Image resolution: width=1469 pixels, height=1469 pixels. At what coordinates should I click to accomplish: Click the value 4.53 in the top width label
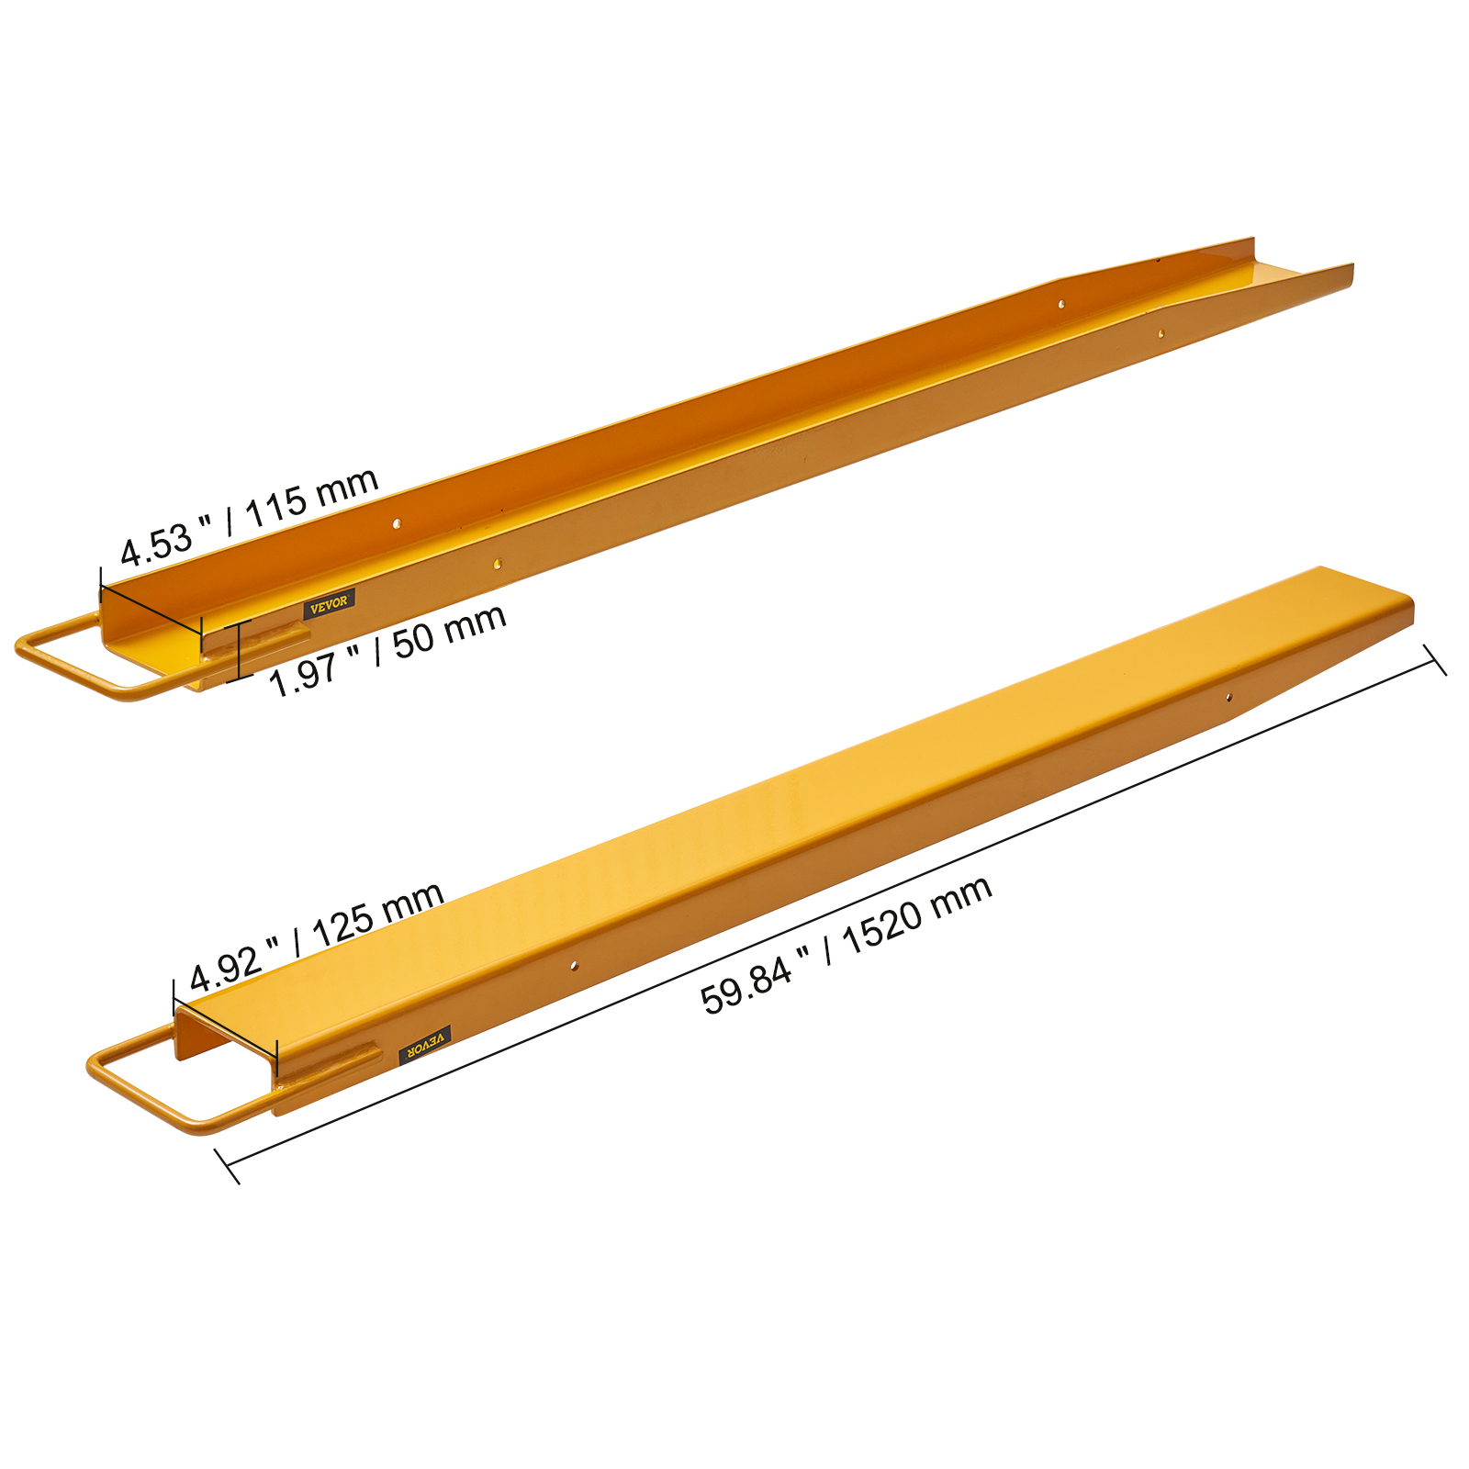[x=157, y=544]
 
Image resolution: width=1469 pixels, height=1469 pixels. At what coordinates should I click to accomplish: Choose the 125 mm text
[x=378, y=914]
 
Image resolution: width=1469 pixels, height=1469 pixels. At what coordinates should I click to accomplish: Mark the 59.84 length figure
[x=746, y=982]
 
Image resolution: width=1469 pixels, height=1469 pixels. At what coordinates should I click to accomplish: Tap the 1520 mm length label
[x=916, y=914]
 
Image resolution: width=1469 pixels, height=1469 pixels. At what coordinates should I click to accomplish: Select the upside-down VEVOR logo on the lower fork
[x=425, y=1046]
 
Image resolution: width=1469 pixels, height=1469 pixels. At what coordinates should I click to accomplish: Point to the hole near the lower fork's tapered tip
[x=1229, y=698]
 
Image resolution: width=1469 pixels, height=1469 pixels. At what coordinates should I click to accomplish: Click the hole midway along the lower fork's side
[x=574, y=965]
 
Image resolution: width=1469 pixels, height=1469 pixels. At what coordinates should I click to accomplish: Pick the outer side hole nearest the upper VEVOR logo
[x=497, y=564]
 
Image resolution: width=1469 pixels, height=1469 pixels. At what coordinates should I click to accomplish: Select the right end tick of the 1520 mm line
[x=1435, y=660]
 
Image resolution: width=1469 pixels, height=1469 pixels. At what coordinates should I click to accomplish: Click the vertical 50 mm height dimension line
[x=239, y=650]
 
